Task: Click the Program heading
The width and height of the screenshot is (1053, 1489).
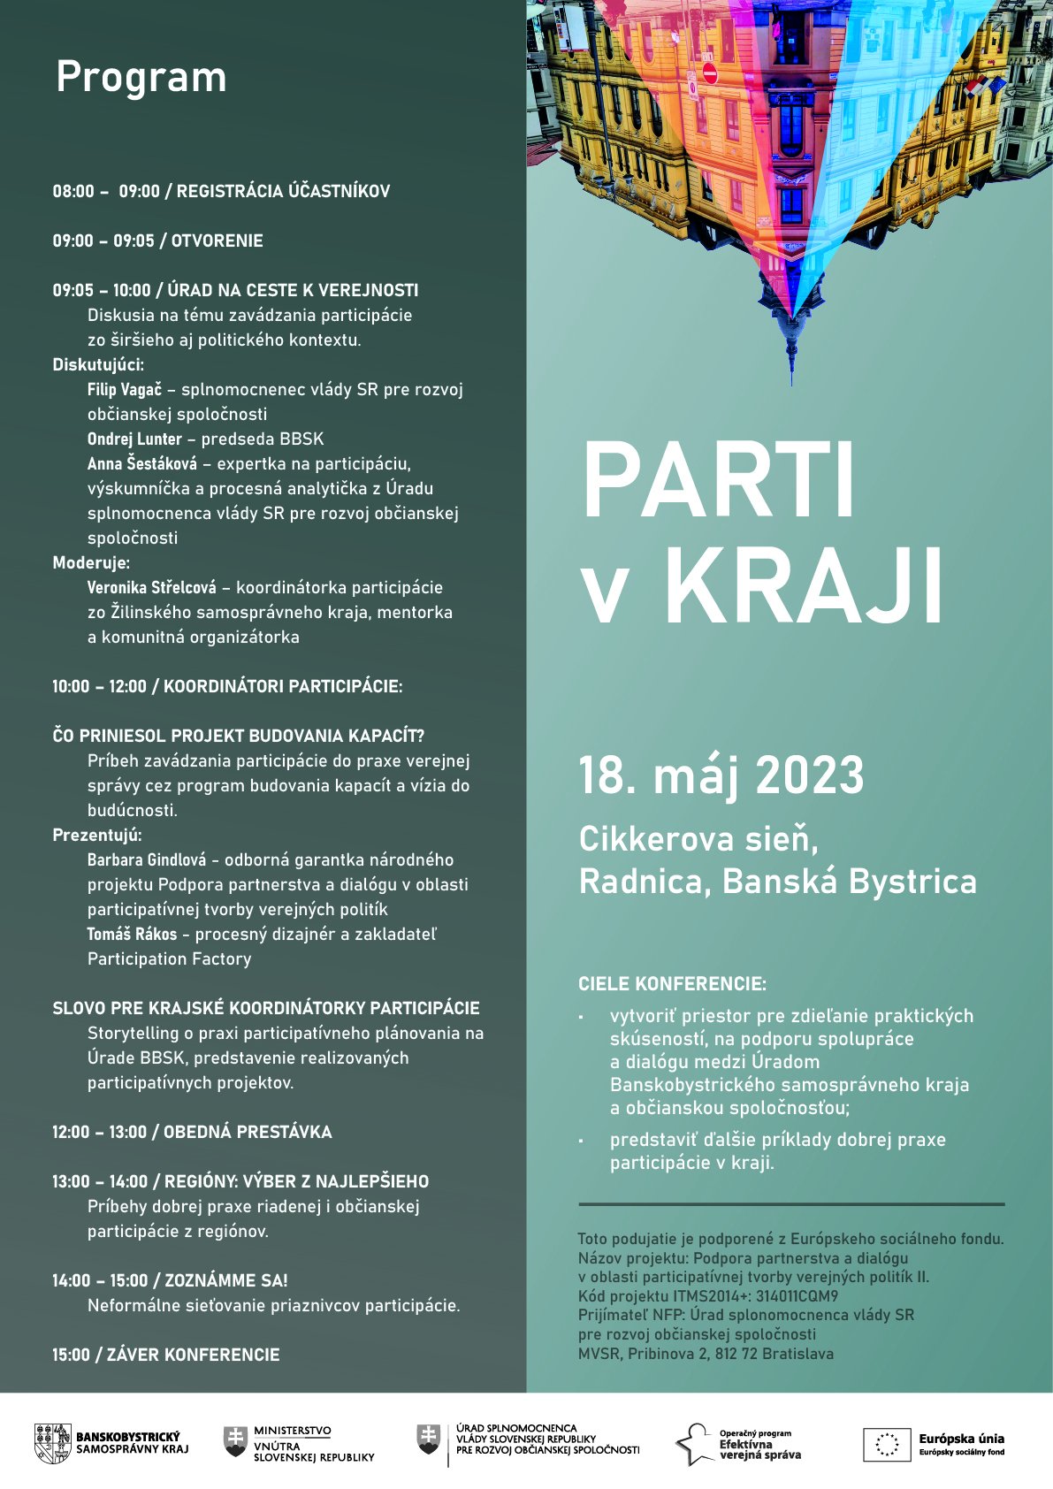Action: [141, 78]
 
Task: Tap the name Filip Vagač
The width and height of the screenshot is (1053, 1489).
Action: [124, 390]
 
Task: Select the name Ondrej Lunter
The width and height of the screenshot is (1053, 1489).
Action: [134, 439]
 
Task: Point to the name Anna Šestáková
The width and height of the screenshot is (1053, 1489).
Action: [141, 464]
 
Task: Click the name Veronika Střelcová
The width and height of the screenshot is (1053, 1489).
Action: [151, 588]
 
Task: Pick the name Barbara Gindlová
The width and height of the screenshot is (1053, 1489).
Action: [146, 860]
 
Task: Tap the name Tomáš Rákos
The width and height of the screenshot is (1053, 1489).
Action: [132, 935]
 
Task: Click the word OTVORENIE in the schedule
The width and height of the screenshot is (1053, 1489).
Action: [217, 241]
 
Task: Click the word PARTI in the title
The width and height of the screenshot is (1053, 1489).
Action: [718, 482]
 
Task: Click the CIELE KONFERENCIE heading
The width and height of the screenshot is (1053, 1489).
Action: [672, 984]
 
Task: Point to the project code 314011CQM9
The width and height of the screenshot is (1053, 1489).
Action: [797, 1296]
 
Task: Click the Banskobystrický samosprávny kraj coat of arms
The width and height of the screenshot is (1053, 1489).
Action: [52, 1444]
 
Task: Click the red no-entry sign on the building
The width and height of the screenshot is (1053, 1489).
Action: [709, 72]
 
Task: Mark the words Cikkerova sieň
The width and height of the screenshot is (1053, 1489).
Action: [698, 839]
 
